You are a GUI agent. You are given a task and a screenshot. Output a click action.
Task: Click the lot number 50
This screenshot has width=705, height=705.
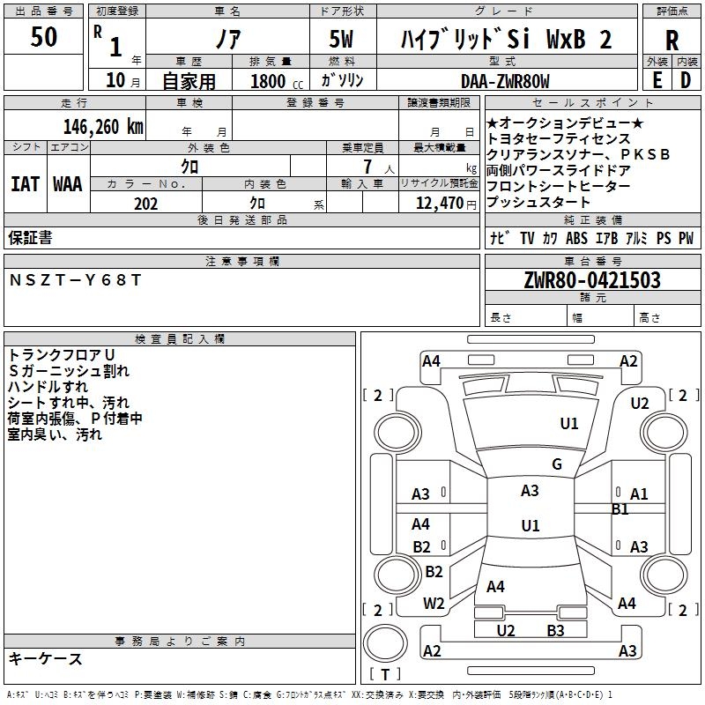click(x=44, y=39)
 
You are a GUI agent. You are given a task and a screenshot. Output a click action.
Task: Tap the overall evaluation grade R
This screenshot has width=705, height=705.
click(x=672, y=40)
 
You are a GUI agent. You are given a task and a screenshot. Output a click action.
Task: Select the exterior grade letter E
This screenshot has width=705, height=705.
click(x=657, y=79)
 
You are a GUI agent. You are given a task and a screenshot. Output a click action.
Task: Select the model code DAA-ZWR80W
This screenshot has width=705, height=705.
click(x=505, y=81)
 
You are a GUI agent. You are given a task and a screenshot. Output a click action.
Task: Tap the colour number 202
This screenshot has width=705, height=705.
click(x=145, y=204)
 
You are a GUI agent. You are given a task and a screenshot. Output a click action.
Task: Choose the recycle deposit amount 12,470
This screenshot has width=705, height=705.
click(x=438, y=204)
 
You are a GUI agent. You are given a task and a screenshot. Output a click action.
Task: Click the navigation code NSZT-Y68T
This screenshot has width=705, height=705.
click(x=75, y=280)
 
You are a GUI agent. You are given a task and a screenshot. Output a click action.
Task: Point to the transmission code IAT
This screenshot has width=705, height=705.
click(x=25, y=184)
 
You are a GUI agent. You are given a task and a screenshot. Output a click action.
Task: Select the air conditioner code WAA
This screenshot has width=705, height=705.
click(x=68, y=184)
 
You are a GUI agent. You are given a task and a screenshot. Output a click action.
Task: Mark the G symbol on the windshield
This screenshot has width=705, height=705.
click(x=557, y=464)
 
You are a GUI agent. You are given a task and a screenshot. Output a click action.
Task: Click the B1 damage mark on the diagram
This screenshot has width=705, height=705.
click(x=620, y=508)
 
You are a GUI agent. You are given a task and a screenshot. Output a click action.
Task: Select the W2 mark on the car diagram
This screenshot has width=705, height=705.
click(x=434, y=604)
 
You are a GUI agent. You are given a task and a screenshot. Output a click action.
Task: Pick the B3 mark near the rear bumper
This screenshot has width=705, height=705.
click(x=555, y=630)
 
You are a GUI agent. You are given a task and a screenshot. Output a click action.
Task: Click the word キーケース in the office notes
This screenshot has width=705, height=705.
click(x=46, y=658)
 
